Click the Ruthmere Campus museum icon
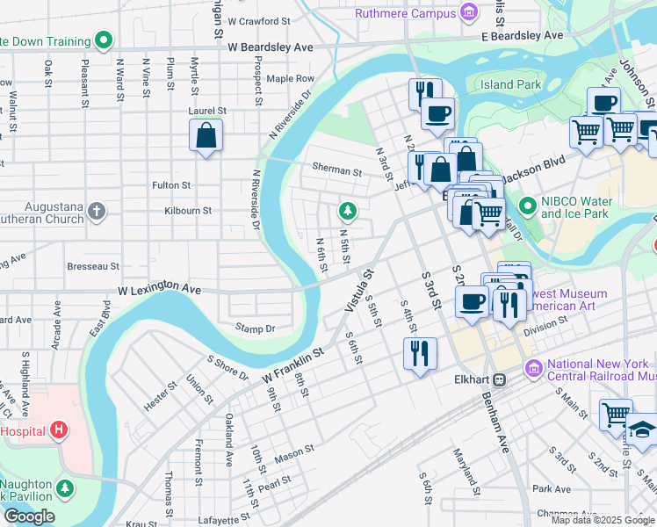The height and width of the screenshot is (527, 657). point(470,12)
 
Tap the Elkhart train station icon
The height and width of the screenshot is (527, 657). point(500,380)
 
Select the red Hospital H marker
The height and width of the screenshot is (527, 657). point(59,430)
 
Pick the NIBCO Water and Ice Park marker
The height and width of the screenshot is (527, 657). point(527,207)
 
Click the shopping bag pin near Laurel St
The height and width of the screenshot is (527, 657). point(206,135)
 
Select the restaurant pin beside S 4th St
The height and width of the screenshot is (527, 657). point(420,353)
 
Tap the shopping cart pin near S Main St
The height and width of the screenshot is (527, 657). point(616,414)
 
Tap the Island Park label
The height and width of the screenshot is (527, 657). point(510,84)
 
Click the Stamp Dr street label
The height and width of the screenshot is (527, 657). point(255,328)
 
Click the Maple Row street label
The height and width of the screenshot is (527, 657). point(290,79)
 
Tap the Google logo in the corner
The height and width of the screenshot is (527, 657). point(29,516)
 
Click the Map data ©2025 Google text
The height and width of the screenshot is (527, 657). point(602,520)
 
